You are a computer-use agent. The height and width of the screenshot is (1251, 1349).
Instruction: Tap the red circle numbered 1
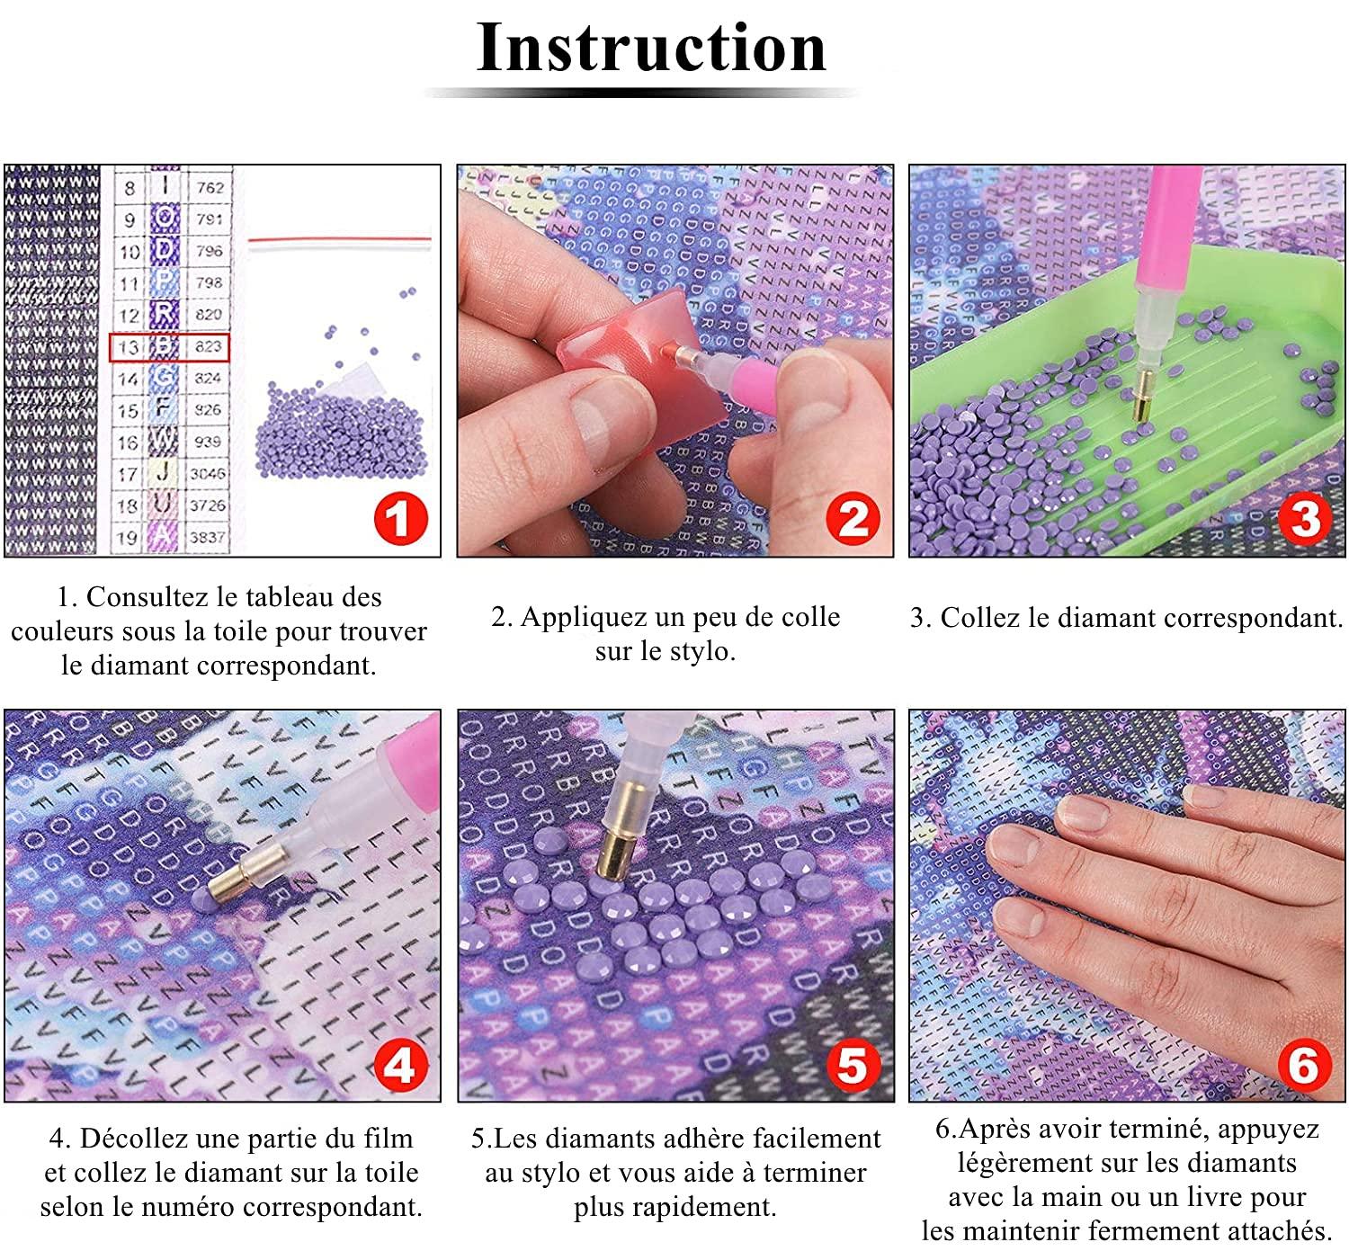click(x=399, y=520)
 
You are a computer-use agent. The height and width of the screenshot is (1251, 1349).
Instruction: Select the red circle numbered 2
click(x=853, y=520)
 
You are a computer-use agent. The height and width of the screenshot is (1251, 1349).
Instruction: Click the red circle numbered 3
click(x=1304, y=520)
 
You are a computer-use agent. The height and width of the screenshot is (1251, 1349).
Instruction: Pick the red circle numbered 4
click(x=399, y=1066)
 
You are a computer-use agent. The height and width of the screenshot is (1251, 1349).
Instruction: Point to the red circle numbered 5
click(x=853, y=1066)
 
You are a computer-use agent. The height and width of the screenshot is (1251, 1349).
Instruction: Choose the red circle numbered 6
click(x=1304, y=1066)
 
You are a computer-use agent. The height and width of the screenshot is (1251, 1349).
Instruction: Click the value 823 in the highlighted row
click(x=208, y=346)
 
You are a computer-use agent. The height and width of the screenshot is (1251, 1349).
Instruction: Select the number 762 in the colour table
click(x=209, y=188)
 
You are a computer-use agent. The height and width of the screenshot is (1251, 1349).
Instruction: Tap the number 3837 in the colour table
click(x=208, y=537)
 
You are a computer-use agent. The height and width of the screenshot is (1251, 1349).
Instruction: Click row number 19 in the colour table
click(x=129, y=538)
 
